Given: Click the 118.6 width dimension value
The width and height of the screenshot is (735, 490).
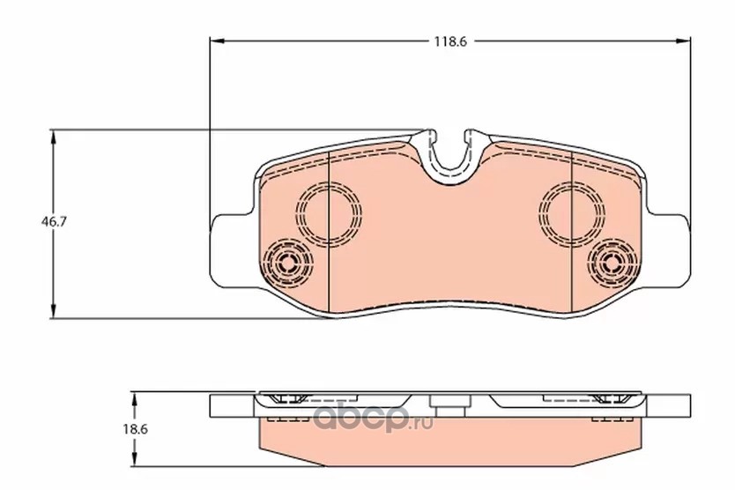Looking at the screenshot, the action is point(450,41).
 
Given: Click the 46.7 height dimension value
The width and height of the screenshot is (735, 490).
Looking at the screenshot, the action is point(54,222).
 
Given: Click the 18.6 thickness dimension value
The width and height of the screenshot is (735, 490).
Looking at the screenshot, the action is point(135,429).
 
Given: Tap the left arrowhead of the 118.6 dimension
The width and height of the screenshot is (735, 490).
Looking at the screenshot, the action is point(218,41).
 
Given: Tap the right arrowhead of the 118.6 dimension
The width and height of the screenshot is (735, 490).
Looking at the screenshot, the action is point(682,41).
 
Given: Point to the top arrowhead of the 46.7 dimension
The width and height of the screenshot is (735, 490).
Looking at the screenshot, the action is point(54,137).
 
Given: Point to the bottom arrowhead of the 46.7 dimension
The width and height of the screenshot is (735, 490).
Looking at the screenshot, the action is point(54,310).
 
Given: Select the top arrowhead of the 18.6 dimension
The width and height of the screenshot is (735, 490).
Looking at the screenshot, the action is point(135,400).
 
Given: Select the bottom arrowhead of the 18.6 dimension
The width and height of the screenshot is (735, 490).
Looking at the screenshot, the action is point(135,458).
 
